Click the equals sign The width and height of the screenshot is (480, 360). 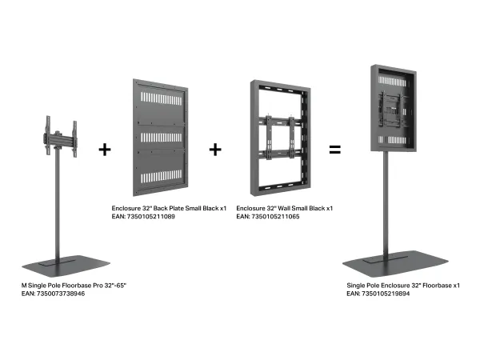click(334, 150)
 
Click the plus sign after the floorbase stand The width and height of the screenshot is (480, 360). click(105, 150)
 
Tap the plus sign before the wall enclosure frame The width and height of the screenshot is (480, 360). click(215, 150)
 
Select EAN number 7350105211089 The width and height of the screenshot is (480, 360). click(151, 217)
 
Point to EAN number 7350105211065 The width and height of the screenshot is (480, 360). click(275, 217)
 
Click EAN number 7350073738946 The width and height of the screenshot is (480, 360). click(61, 294)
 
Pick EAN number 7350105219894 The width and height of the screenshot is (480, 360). click(386, 294)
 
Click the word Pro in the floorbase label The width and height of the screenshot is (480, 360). click(98, 286)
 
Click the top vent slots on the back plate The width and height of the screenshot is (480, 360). click(162, 98)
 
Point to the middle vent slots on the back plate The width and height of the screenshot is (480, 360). click(162, 138)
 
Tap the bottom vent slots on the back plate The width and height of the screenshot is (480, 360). click(162, 177)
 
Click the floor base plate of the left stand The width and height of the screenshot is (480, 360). click(66, 266)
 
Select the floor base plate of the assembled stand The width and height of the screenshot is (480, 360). click(395, 263)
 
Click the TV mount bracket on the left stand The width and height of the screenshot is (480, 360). click(61, 136)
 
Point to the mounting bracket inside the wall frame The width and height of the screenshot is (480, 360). click(281, 137)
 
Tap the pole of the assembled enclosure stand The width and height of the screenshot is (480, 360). click(386, 203)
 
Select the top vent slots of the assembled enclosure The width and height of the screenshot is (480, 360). click(392, 82)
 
